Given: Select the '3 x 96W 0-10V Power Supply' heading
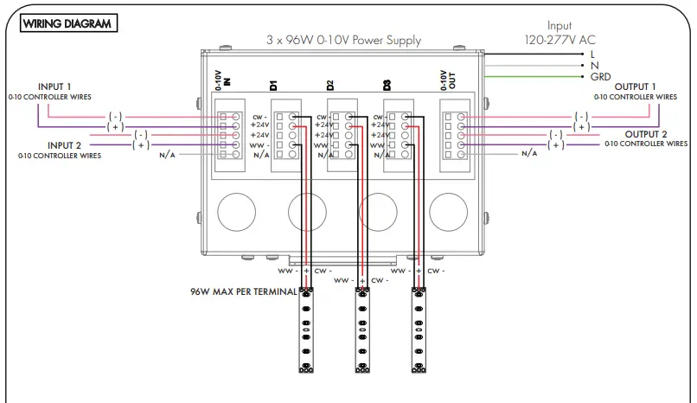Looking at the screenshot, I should click(x=343, y=40).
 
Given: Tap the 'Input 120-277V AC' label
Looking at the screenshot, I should click(x=559, y=33).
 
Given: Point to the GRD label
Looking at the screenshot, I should click(x=600, y=77).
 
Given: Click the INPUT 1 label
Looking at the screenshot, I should click(x=55, y=87).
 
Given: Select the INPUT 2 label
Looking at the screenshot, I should click(x=65, y=145).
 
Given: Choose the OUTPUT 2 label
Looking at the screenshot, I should click(x=646, y=134).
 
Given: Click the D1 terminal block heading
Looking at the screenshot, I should click(x=273, y=85).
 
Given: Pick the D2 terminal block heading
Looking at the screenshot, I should click(x=330, y=85).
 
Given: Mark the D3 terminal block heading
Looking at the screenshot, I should click(x=387, y=85).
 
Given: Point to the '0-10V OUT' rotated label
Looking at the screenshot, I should click(x=447, y=79).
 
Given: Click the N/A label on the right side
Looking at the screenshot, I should click(x=528, y=153).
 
